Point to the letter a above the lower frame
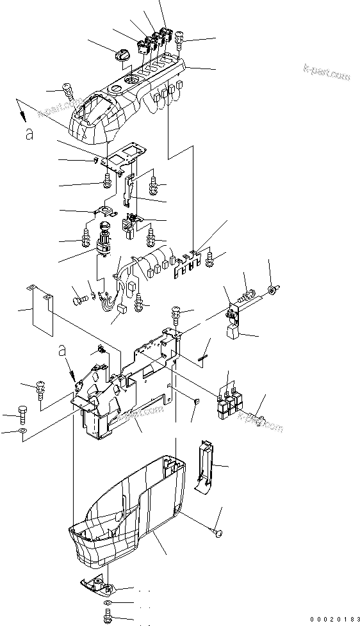click(x=63, y=349)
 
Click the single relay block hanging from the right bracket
click(x=232, y=330)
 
